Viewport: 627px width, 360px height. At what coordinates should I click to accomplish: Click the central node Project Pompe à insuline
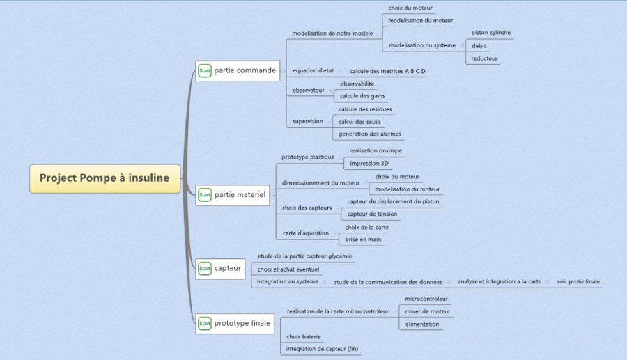[104, 178]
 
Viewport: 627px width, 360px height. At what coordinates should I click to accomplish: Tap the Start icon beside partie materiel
[205, 196]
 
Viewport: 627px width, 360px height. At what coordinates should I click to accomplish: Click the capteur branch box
[228, 268]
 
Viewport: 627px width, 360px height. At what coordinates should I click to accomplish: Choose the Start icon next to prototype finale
[205, 323]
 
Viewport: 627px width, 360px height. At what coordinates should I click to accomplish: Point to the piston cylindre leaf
[490, 33]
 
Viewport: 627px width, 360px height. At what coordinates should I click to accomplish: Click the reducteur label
[484, 58]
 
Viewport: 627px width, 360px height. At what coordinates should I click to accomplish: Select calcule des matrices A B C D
[387, 71]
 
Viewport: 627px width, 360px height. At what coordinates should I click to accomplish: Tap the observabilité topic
[357, 84]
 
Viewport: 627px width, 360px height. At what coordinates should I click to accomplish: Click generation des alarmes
[370, 134]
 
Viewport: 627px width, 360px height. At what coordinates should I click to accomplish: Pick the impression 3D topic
[370, 164]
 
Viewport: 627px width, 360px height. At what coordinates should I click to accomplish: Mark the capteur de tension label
[372, 214]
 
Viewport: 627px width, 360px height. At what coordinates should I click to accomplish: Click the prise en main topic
[362, 240]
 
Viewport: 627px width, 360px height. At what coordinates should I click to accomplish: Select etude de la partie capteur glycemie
[304, 256]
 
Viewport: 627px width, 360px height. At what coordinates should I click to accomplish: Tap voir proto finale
[578, 281]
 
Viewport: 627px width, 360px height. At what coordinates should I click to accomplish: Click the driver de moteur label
[427, 311]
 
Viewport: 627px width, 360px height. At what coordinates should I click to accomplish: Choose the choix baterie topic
[304, 336]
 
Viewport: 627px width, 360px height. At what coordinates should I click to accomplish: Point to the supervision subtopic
[307, 121]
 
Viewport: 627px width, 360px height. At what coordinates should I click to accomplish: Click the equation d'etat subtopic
[313, 71]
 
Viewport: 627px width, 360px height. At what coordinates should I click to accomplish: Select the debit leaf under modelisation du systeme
[479, 46]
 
